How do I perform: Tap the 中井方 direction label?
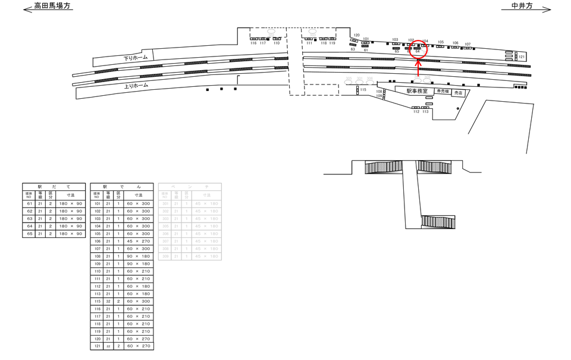[522, 6]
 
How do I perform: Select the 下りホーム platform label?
[136, 58]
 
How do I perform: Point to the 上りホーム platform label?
[136, 86]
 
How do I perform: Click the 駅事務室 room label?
[417, 91]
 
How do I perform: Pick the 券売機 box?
[443, 91]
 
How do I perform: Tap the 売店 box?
[458, 93]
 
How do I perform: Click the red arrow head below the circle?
[418, 62]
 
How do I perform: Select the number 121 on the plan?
[522, 57]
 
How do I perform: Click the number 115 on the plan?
[363, 90]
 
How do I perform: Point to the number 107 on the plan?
[468, 44]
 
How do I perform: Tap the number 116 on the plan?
[253, 43]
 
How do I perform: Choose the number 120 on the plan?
[357, 35]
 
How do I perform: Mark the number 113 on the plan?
[425, 111]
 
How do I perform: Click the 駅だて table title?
[54, 187]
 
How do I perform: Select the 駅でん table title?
[121, 187]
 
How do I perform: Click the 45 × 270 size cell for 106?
[139, 242]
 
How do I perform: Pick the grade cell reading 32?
[108, 301]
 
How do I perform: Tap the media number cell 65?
[29, 234]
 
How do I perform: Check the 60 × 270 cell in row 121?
[139, 346]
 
